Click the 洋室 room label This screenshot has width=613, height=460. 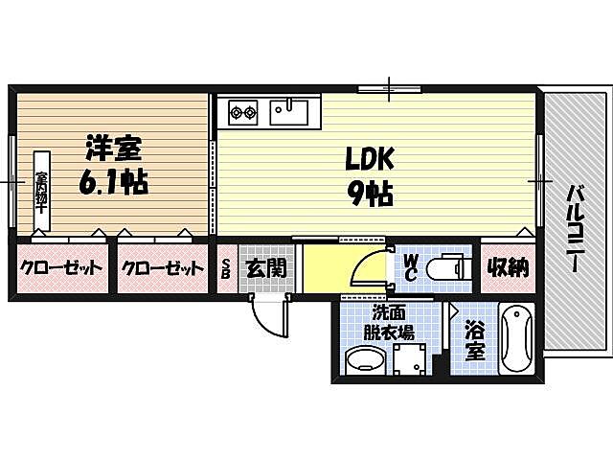click(113, 148)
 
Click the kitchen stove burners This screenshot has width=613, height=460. click(241, 113)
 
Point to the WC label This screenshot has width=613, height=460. click(409, 266)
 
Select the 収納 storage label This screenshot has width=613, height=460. click(505, 267)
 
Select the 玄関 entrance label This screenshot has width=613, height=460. click(263, 267)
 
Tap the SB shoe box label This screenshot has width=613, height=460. click(227, 267)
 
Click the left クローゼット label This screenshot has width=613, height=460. click(60, 268)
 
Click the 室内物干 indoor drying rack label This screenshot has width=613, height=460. click(43, 191)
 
